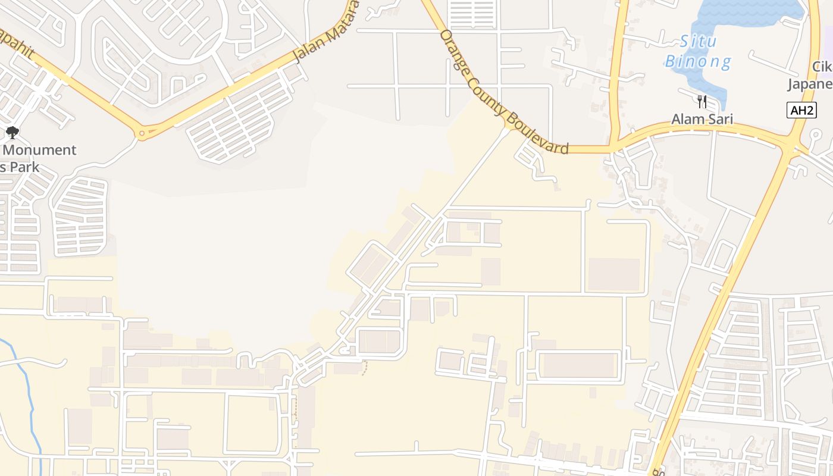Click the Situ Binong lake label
coord(698,51)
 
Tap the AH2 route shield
coord(801,110)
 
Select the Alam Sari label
coord(702,119)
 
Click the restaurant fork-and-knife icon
coord(702,101)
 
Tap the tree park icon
coord(12,133)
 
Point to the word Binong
coord(698,61)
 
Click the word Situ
coord(699,42)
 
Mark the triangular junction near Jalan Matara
coord(142,132)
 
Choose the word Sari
coord(719,119)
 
